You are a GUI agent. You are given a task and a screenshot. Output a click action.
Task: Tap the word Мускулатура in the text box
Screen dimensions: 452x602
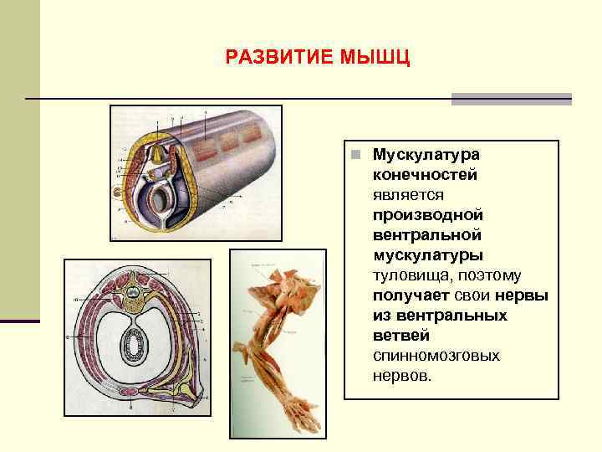[426, 156]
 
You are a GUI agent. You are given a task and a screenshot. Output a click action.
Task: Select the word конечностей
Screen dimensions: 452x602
[426, 175]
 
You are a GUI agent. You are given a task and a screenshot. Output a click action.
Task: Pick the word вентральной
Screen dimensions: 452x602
[427, 235]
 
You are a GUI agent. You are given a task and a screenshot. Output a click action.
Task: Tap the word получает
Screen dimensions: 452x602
[407, 295]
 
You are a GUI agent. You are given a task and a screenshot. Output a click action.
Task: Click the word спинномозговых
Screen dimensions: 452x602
[436, 356]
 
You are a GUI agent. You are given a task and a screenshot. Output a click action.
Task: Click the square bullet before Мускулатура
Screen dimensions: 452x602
[356, 156]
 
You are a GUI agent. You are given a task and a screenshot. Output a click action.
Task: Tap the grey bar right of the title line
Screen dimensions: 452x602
[511, 99]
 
